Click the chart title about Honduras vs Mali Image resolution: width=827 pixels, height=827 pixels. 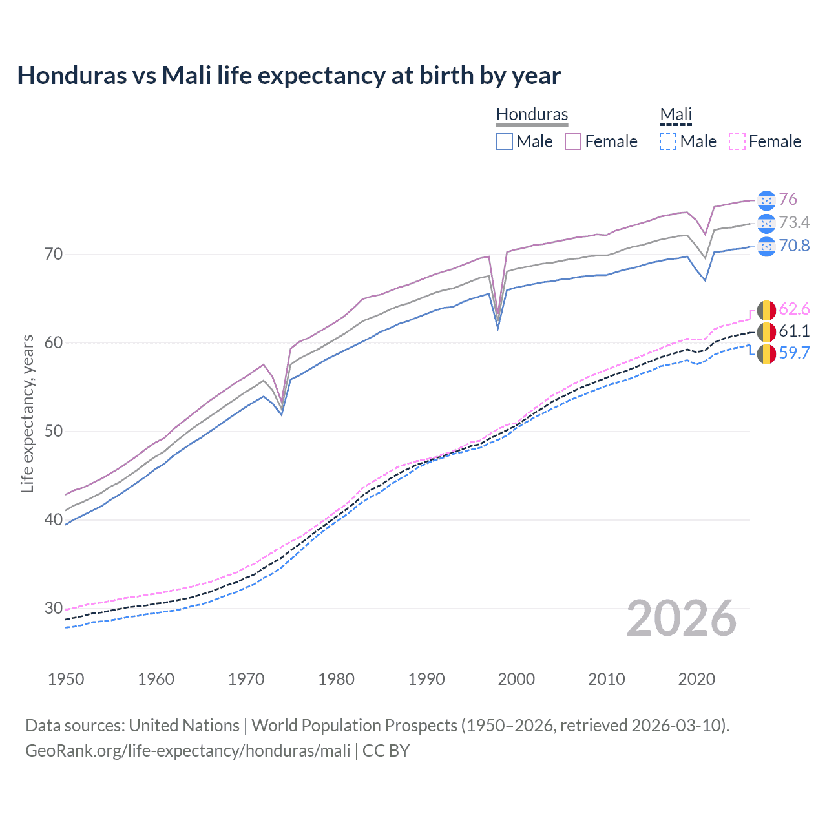(x=289, y=76)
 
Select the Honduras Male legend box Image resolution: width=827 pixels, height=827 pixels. (x=505, y=141)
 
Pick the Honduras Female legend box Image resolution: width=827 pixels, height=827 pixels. (x=573, y=141)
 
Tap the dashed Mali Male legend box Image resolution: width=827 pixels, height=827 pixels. (x=668, y=141)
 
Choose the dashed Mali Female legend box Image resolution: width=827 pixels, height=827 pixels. (x=737, y=141)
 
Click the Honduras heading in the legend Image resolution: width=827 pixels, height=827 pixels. (x=532, y=114)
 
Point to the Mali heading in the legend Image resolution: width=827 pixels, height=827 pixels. (x=676, y=114)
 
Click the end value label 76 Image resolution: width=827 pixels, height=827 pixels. (x=788, y=199)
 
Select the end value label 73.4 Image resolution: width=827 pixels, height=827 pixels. (x=794, y=222)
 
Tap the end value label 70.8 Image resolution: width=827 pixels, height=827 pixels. (x=794, y=246)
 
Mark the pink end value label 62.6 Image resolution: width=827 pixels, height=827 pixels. (x=794, y=309)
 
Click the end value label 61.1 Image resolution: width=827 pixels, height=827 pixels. (x=794, y=331)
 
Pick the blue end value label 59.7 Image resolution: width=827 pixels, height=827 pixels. (x=794, y=353)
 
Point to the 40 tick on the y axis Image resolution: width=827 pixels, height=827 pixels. (x=54, y=519)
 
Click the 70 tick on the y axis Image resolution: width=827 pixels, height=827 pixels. (x=54, y=254)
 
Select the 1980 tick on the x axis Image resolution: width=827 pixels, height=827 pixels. (x=336, y=679)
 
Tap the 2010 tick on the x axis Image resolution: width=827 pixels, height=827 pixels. (x=606, y=679)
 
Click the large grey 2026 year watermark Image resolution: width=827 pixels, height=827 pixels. (x=681, y=618)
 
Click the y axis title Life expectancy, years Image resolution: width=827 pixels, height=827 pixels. (x=27, y=413)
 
